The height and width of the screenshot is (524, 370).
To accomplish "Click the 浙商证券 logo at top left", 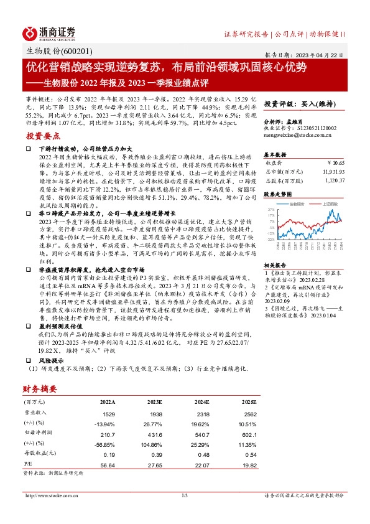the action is click(49, 32).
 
